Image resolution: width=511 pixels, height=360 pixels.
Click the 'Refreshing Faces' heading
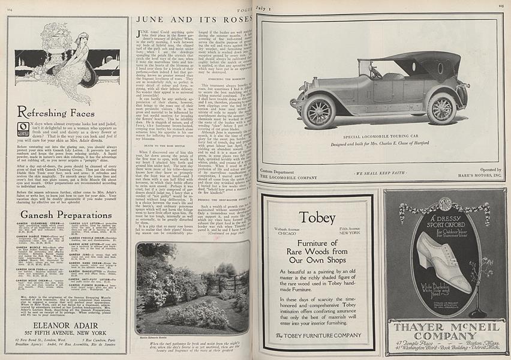pos(56,112)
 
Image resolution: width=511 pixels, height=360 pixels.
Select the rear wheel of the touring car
pos(442,107)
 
